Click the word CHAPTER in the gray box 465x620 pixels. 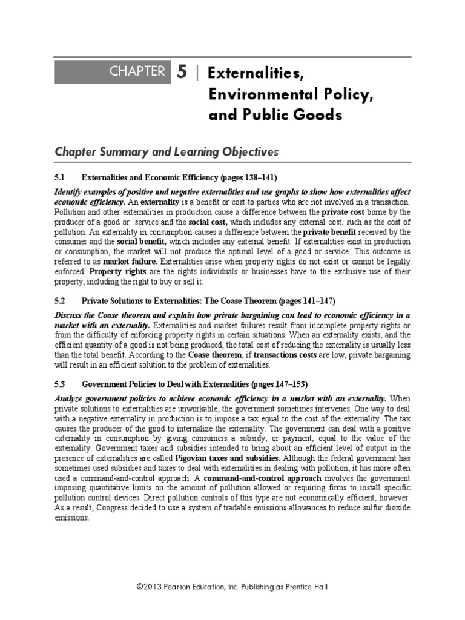tap(137, 71)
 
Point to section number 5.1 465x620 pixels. tap(60, 178)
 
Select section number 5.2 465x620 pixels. tap(60, 301)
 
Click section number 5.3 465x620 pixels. tap(60, 384)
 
